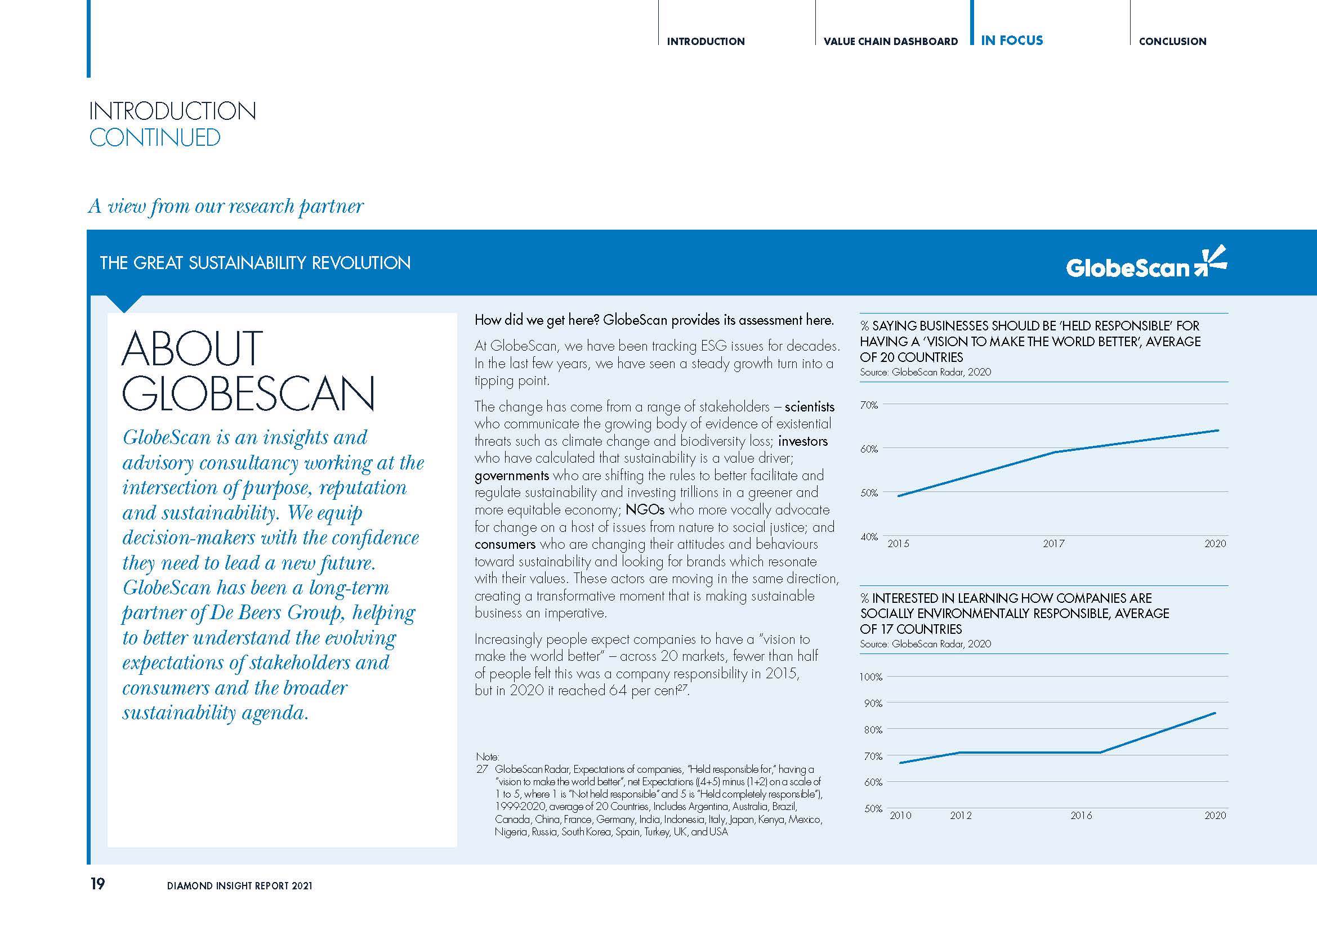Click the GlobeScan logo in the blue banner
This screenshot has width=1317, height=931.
pyautogui.click(x=1145, y=265)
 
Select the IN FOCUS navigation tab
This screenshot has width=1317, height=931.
pyautogui.click(x=1012, y=41)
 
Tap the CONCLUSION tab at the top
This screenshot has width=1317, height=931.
pyautogui.click(x=1172, y=41)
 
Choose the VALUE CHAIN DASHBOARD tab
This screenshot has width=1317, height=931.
pyautogui.click(x=890, y=41)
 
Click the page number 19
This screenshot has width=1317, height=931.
pyautogui.click(x=97, y=884)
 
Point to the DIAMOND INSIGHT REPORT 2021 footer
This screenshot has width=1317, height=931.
pyautogui.click(x=240, y=886)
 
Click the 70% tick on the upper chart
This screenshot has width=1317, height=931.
pyautogui.click(x=869, y=405)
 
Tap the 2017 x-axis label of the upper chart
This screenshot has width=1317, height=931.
pyautogui.click(x=1053, y=544)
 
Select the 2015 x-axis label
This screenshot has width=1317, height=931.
pyautogui.click(x=898, y=544)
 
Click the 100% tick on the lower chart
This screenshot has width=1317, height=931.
pyautogui.click(x=870, y=677)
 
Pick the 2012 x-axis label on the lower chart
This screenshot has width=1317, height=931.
pyautogui.click(x=961, y=815)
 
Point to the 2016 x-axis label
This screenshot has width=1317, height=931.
pyautogui.click(x=1081, y=815)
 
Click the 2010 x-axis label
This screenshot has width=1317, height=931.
pyautogui.click(x=900, y=815)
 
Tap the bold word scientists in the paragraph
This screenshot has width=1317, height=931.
pyautogui.click(x=809, y=407)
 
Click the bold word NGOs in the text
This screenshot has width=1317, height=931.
pyautogui.click(x=645, y=509)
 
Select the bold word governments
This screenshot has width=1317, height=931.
pyautogui.click(x=512, y=476)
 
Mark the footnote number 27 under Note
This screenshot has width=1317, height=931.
pyautogui.click(x=482, y=769)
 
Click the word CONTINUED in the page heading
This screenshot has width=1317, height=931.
pyautogui.click(x=155, y=137)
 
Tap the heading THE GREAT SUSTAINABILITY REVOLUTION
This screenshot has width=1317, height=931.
pyautogui.click(x=255, y=263)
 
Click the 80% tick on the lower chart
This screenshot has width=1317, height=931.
pyautogui.click(x=872, y=730)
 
